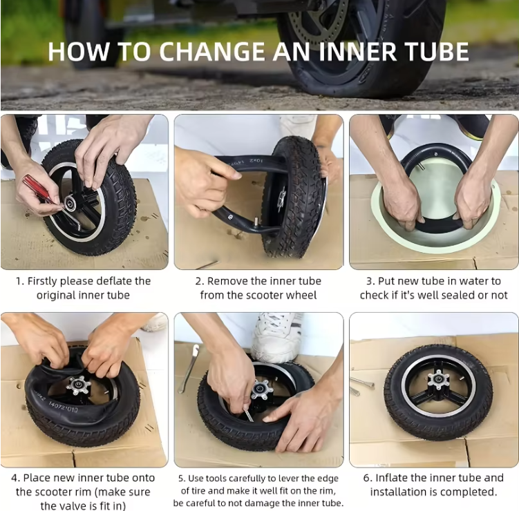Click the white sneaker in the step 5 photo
coord(276,336)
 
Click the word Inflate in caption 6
coord(393,478)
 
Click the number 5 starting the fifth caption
coord(181,478)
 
